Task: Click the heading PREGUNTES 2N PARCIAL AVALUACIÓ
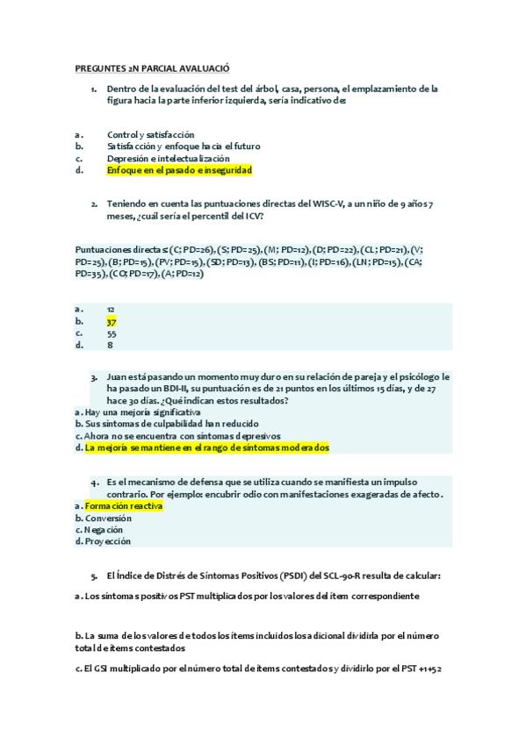coord(152,68)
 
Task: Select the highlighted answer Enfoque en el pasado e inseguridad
coord(179,170)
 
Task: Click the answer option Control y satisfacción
coord(150,134)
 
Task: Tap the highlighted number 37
coord(112,321)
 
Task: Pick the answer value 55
coord(112,333)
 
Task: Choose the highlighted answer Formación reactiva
coord(123,506)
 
